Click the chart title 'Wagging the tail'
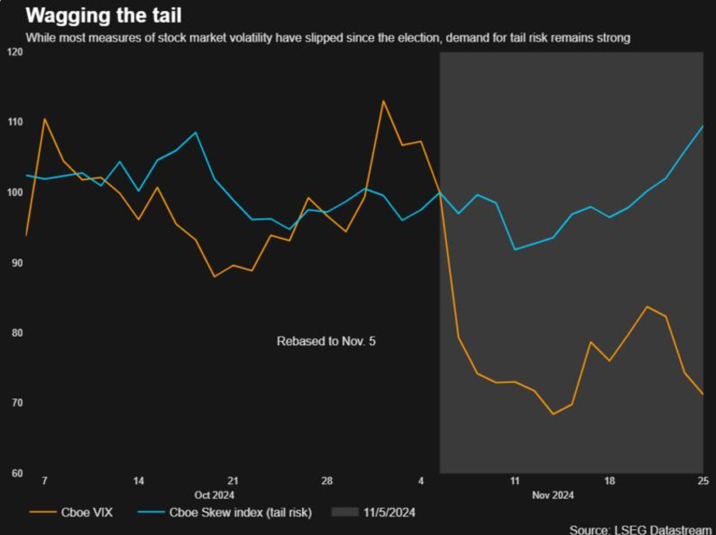click(103, 15)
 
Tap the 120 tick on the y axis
click(15, 52)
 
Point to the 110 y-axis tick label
click(15, 122)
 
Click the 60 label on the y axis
click(17, 473)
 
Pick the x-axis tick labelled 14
click(138, 481)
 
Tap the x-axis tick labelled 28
click(327, 481)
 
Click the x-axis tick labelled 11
click(515, 481)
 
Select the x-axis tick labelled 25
click(703, 481)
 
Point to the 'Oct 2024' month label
click(214, 495)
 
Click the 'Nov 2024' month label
click(553, 495)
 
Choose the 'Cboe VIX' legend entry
click(70, 512)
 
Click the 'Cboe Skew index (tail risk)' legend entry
click(224, 512)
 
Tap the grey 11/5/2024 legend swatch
click(344, 512)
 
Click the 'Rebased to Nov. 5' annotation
click(326, 341)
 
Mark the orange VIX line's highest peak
click(383, 100)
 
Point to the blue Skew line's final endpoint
click(702, 126)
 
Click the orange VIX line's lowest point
click(553, 414)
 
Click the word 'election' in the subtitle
click(418, 37)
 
